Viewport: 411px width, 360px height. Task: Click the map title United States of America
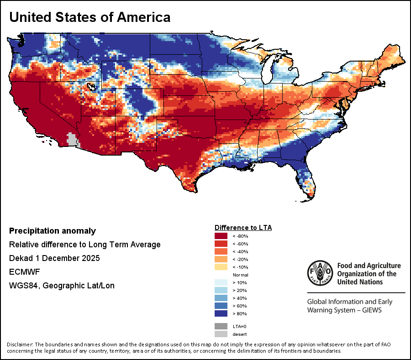(x=90, y=17)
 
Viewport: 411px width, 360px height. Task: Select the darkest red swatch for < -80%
(x=221, y=236)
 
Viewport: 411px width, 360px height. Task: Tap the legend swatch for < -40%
(x=221, y=251)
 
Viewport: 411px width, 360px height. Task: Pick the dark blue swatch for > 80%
(x=221, y=313)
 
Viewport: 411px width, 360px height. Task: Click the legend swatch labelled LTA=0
(x=221, y=326)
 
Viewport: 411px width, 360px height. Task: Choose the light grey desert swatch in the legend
(x=221, y=334)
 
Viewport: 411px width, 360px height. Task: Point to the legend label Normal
(x=240, y=275)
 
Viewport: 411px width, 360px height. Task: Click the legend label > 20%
(x=240, y=290)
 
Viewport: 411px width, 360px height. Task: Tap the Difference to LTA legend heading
(x=243, y=228)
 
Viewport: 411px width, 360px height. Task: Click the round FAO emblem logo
(x=320, y=273)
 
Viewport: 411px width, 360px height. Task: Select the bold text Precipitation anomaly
(x=53, y=231)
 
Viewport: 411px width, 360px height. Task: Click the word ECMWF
(x=24, y=272)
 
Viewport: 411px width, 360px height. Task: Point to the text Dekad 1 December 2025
(x=54, y=258)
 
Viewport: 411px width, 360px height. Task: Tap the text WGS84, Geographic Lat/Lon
(x=62, y=285)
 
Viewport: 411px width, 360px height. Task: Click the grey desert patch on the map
(x=73, y=139)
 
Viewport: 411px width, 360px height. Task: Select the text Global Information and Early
(x=350, y=302)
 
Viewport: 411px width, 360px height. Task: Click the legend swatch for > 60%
(x=221, y=306)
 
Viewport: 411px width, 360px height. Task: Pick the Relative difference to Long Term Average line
(x=84, y=245)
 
